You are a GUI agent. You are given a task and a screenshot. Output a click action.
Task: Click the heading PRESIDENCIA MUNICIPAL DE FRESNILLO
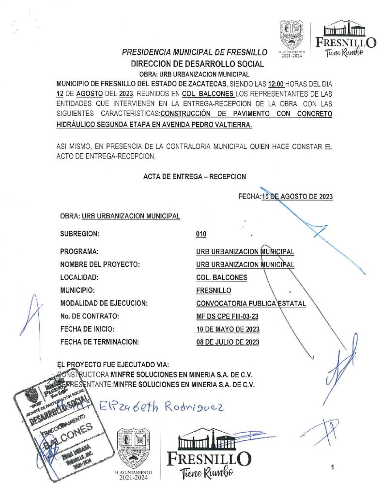[x=195, y=52]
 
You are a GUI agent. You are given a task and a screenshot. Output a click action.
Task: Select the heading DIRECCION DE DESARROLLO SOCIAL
[x=197, y=63]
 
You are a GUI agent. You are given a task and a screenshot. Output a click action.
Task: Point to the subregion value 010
[x=201, y=234]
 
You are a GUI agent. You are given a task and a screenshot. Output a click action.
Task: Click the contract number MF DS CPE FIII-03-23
[x=226, y=317]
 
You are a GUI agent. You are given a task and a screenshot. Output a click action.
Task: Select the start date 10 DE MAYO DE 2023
[x=228, y=330]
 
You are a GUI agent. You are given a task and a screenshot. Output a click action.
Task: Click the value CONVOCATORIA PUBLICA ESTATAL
[x=251, y=304]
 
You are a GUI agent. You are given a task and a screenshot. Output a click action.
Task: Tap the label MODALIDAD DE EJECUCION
[x=104, y=304]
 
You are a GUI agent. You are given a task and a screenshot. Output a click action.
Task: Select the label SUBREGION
[x=80, y=234]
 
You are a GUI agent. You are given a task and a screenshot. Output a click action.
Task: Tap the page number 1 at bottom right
[x=333, y=467]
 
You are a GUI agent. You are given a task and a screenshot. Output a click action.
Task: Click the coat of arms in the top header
[x=292, y=34]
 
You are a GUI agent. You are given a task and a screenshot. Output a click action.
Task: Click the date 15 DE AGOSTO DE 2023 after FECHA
[x=296, y=196]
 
